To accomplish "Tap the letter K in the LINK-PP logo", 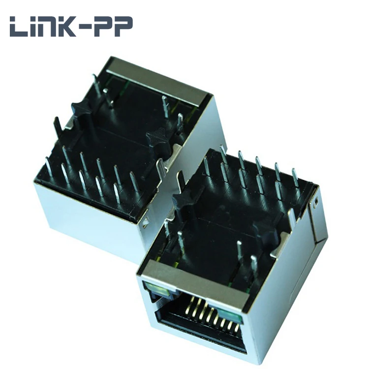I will pyautogui.click(x=73, y=27).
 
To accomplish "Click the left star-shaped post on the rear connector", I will pyautogui.click(x=81, y=111).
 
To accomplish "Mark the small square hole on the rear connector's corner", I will pyautogui.click(x=146, y=227).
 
